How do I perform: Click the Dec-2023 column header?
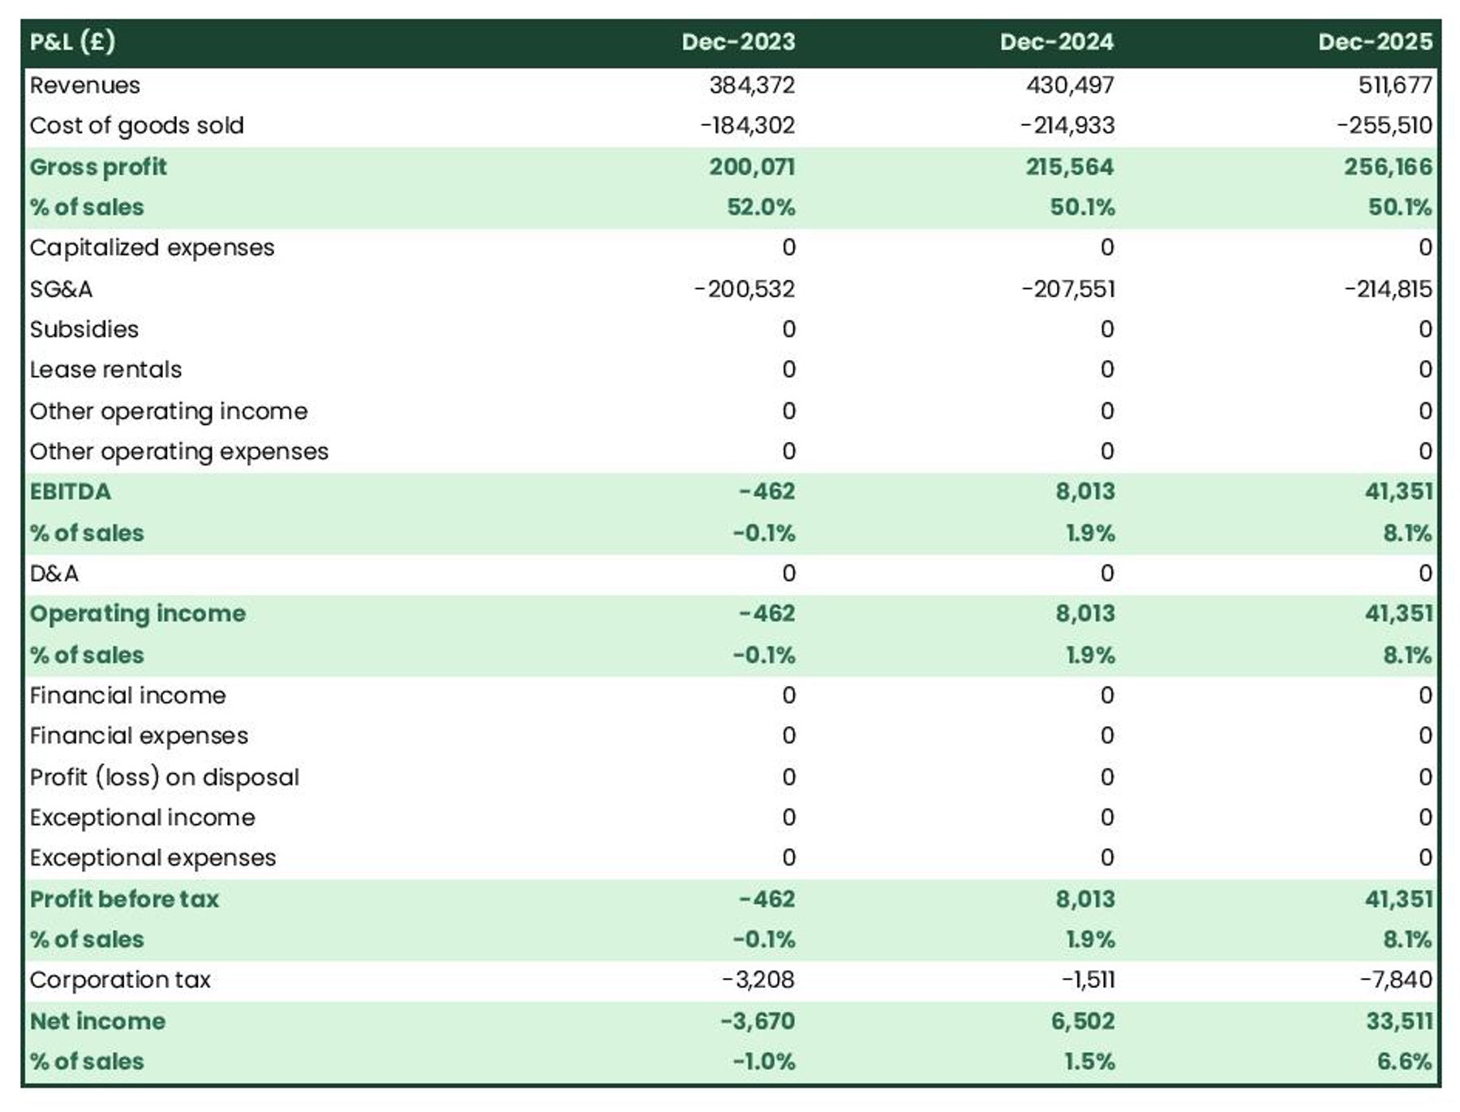coord(738,42)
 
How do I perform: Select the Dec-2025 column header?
coord(1375,42)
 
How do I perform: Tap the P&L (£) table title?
coord(72,42)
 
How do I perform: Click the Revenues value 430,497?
coord(1070,85)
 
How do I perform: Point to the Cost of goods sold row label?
coord(136,126)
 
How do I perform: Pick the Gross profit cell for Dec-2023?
coord(752,167)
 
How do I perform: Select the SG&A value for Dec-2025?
coord(1388,289)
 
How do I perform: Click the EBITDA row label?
coord(71,492)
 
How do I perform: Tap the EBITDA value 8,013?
coord(1085,492)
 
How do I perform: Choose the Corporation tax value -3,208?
coord(758,980)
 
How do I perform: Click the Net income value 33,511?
coord(1399,1021)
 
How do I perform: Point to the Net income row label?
coord(97,1021)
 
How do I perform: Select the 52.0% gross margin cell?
coord(761,208)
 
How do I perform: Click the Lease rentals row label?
coord(105,370)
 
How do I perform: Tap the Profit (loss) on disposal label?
coord(165,777)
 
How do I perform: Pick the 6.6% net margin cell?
coord(1404,1062)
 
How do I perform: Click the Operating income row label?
coord(138,614)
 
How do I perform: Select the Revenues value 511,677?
coord(1395,85)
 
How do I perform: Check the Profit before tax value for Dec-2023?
coord(766,899)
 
